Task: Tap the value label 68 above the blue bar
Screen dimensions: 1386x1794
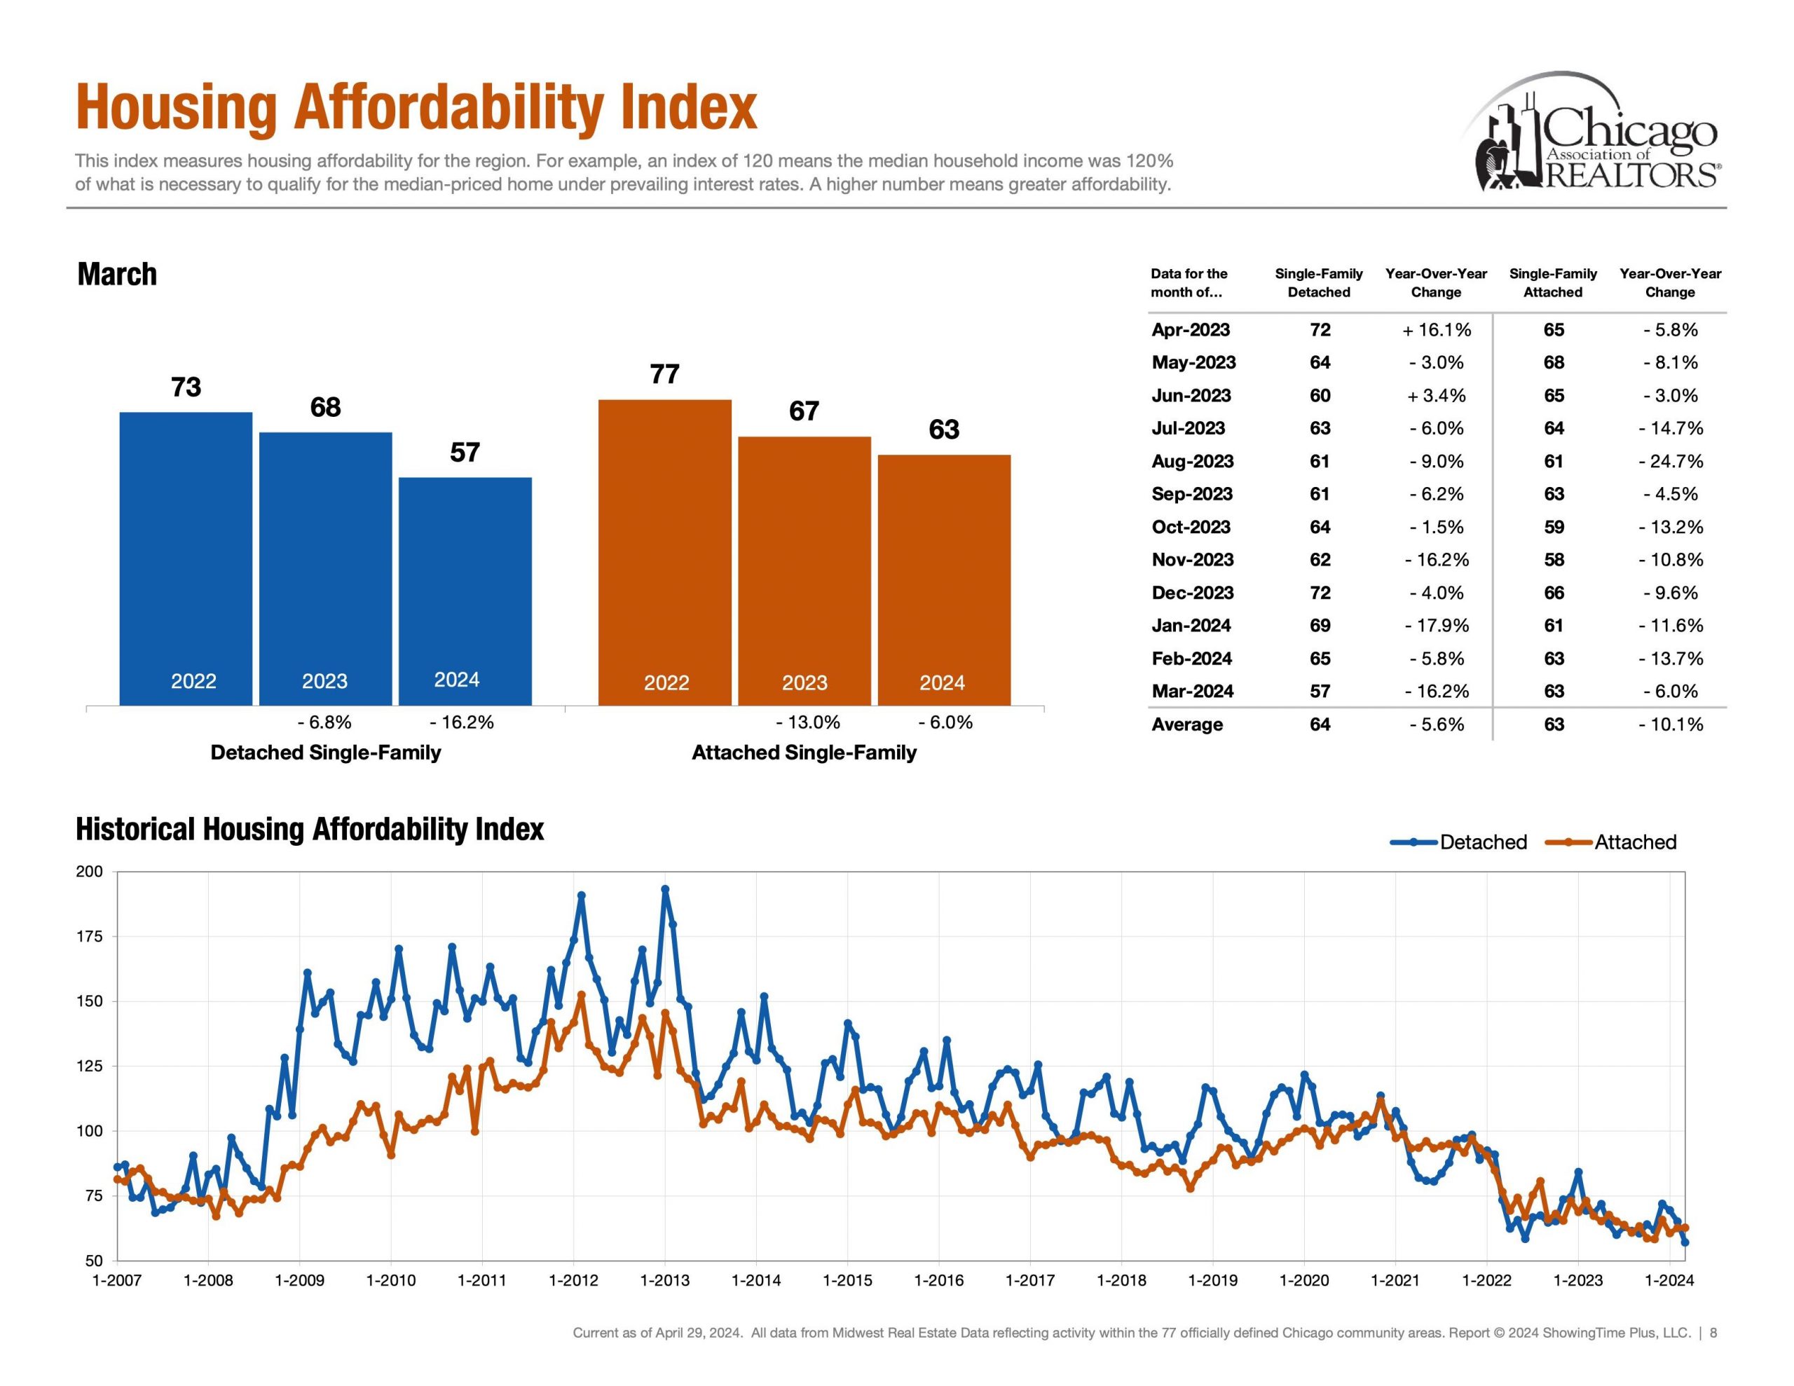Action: (325, 408)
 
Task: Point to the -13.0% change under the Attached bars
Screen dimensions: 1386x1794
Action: (807, 722)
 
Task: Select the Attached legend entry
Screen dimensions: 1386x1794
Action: (1635, 842)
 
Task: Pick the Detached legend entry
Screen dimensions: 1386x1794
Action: (1483, 842)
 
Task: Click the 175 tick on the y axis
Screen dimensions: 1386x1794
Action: (90, 937)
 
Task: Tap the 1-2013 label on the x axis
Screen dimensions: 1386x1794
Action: (664, 1280)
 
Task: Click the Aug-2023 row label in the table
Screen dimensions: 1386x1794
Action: (1192, 461)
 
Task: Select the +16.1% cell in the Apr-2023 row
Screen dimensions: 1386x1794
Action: (1436, 329)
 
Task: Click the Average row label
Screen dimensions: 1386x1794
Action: (1187, 724)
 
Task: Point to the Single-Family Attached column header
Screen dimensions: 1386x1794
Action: (1552, 282)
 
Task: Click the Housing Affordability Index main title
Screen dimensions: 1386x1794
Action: (416, 108)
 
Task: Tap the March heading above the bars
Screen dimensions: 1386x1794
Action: (116, 273)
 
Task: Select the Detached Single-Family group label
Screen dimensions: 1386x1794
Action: (325, 752)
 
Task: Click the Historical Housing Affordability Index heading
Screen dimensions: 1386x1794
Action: (310, 829)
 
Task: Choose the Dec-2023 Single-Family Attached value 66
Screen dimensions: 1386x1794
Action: (1554, 592)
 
